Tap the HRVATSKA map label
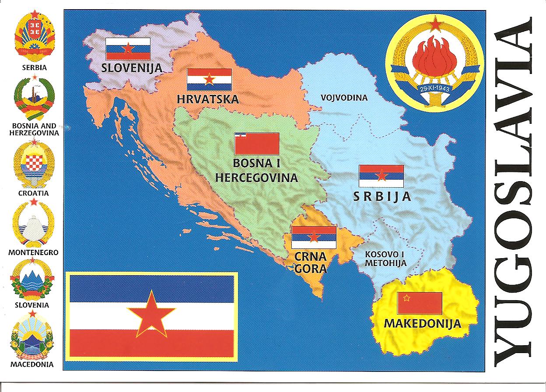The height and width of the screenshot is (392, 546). [208, 99]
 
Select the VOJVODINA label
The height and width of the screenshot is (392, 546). [344, 98]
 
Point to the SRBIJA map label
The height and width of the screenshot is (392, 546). [382, 196]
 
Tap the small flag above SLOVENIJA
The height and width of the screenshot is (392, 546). [128, 49]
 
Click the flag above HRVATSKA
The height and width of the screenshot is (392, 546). [209, 80]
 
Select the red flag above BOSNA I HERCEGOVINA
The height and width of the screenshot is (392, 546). [257, 143]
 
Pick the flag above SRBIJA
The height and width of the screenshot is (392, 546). [381, 176]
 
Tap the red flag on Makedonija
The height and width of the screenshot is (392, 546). [420, 303]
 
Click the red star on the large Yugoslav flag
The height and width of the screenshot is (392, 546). [151, 314]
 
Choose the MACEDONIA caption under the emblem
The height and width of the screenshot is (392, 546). [32, 364]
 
